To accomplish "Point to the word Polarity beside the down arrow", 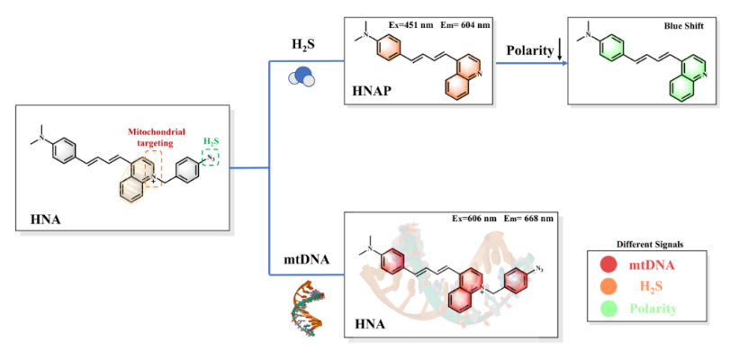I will click(528, 51).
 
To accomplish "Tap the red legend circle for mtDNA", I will click(609, 265).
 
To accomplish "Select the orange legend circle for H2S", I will click(609, 287).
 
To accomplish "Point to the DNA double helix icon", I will click(303, 305).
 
